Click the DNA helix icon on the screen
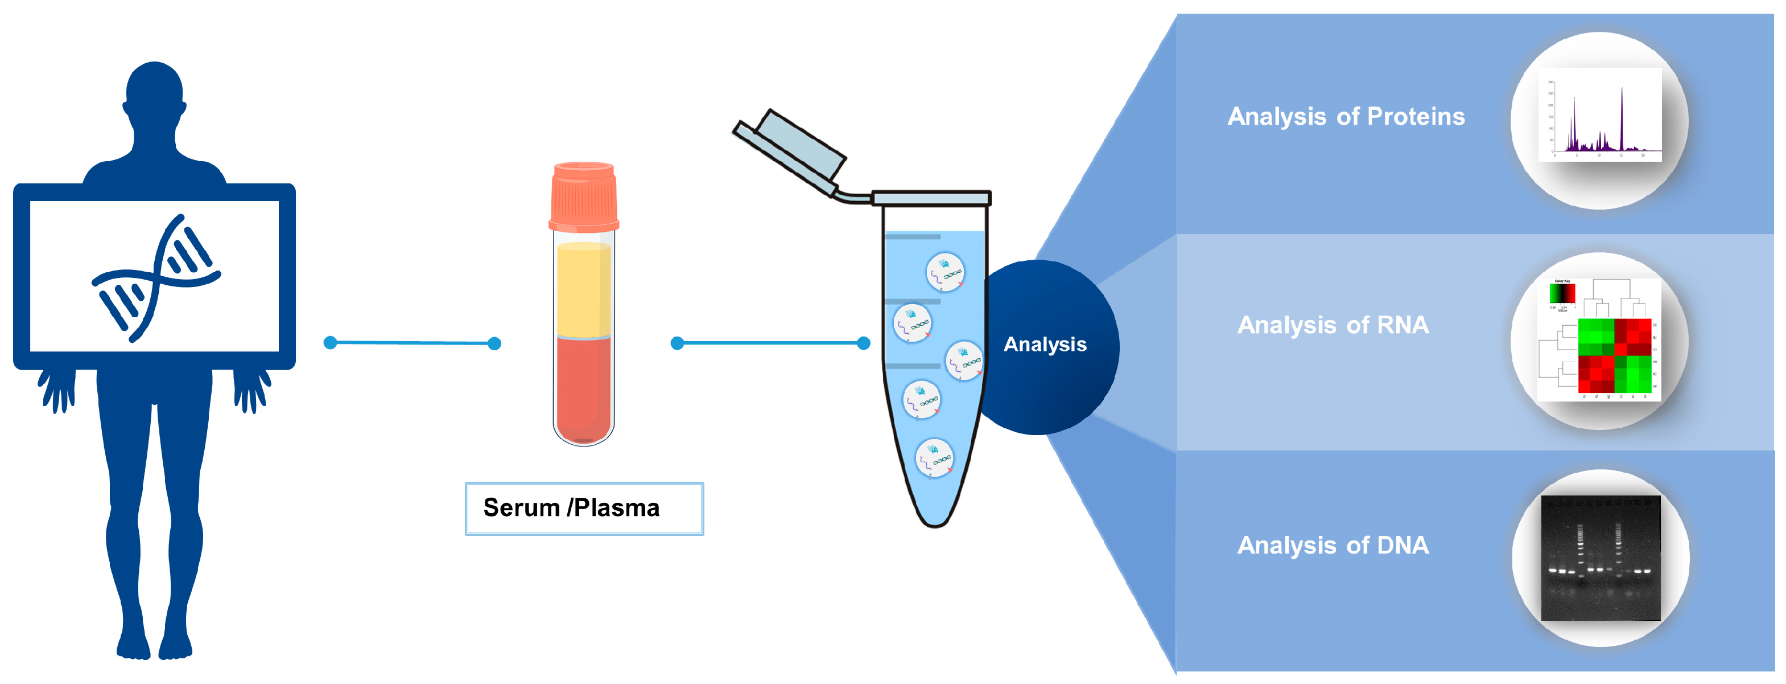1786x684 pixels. pyautogui.click(x=156, y=277)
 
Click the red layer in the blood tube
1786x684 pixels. pyautogui.click(x=584, y=388)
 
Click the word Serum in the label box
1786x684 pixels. pyautogui.click(x=521, y=508)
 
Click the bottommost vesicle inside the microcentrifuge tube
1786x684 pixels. pyautogui.click(x=934, y=458)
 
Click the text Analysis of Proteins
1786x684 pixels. pyautogui.click(x=1346, y=117)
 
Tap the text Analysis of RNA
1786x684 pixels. pyautogui.click(x=1333, y=325)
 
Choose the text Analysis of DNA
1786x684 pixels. pyautogui.click(x=1333, y=545)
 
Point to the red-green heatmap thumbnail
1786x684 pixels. pyautogui.click(x=1599, y=340)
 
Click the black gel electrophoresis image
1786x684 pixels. pyautogui.click(x=1600, y=559)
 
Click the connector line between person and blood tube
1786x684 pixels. pyautogui.click(x=412, y=343)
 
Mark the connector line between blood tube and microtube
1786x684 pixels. pyautogui.click(x=770, y=343)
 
